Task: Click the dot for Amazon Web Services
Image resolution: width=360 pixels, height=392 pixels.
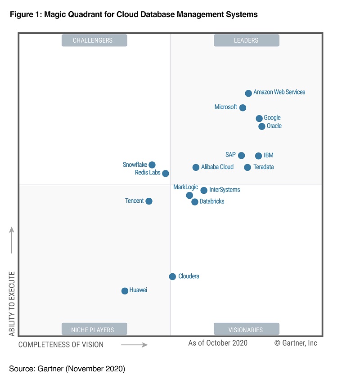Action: pyautogui.click(x=248, y=93)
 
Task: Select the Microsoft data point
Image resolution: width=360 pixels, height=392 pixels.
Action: pyautogui.click(x=243, y=107)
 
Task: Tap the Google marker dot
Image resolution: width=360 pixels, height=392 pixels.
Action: pyautogui.click(x=259, y=118)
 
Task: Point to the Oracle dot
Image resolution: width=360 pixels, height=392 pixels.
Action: pyautogui.click(x=262, y=126)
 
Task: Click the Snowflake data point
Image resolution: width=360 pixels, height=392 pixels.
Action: pyautogui.click(x=152, y=165)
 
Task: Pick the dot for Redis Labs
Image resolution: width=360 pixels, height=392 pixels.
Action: pyautogui.click(x=166, y=173)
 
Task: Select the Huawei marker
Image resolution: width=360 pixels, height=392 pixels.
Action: pyautogui.click(x=125, y=291)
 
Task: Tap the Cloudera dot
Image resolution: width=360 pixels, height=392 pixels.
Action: pyautogui.click(x=172, y=276)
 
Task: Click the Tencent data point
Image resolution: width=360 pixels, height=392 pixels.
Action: pyautogui.click(x=149, y=201)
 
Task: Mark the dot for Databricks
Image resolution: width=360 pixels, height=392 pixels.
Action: pyautogui.click(x=194, y=202)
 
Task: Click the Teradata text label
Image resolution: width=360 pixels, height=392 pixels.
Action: pyautogui.click(x=263, y=167)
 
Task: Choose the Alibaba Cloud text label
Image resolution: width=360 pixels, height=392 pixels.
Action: pyautogui.click(x=217, y=167)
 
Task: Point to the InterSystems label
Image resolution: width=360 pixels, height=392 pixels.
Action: pyautogui.click(x=225, y=190)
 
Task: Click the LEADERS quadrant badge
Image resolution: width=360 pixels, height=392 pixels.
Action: pyautogui.click(x=246, y=40)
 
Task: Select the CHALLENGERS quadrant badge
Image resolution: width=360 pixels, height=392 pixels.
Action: pyautogui.click(x=94, y=40)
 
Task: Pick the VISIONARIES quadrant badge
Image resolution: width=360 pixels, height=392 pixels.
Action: pyautogui.click(x=246, y=330)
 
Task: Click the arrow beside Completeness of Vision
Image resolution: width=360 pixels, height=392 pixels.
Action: pyautogui.click(x=134, y=345)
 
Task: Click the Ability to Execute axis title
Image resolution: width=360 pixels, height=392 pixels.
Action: pyautogui.click(x=12, y=303)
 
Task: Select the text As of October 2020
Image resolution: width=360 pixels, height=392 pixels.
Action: pyautogui.click(x=218, y=343)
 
